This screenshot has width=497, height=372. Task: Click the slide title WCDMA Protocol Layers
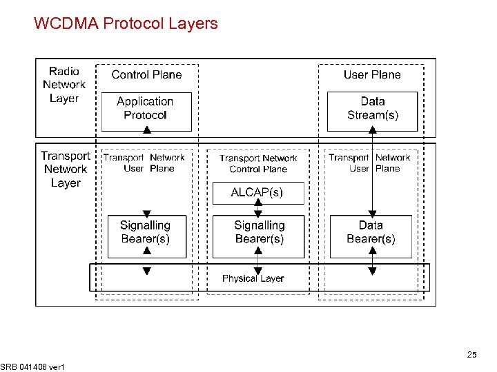coord(126,24)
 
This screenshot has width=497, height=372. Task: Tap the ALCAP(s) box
coord(257,192)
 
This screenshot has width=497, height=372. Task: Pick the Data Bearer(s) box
coord(371,233)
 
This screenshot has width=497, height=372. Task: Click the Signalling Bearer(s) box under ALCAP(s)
coord(259,233)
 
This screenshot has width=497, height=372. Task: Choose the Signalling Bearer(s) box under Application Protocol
coord(145,233)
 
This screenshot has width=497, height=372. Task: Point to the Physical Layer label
coord(253,278)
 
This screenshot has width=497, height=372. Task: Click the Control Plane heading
coord(146,74)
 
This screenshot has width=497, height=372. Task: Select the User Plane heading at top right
coord(372,74)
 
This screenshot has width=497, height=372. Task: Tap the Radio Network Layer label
coord(64,85)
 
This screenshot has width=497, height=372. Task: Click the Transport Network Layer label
coord(66,169)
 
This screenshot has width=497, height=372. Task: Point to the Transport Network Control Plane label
coord(258,163)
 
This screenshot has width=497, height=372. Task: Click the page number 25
coord(471,355)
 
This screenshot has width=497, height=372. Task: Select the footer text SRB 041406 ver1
coord(32,367)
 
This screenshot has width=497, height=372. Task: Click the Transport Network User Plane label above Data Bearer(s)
coord(370,163)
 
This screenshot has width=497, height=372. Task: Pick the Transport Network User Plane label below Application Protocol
coord(144,163)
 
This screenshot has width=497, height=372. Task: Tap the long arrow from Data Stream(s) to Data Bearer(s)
coord(373,172)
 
